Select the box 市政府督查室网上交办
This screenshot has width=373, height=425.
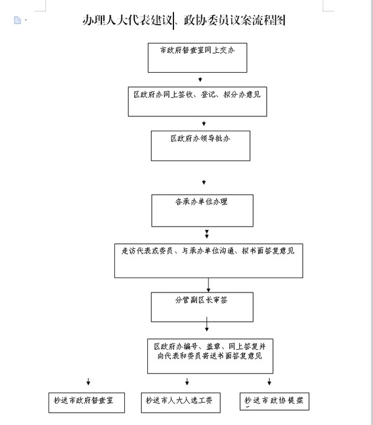197,57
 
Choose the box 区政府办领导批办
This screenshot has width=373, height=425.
201,145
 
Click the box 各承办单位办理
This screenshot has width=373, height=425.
202,210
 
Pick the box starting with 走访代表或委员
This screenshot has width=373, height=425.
208,260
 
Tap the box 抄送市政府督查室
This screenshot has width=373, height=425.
86,401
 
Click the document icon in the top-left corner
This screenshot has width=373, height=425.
17,21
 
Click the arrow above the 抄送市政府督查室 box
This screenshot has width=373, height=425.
88,381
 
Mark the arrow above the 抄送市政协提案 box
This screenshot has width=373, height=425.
269,381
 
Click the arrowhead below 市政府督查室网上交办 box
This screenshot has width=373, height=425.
200,80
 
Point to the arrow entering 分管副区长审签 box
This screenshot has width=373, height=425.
209,285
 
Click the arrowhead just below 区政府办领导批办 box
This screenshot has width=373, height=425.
203,182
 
